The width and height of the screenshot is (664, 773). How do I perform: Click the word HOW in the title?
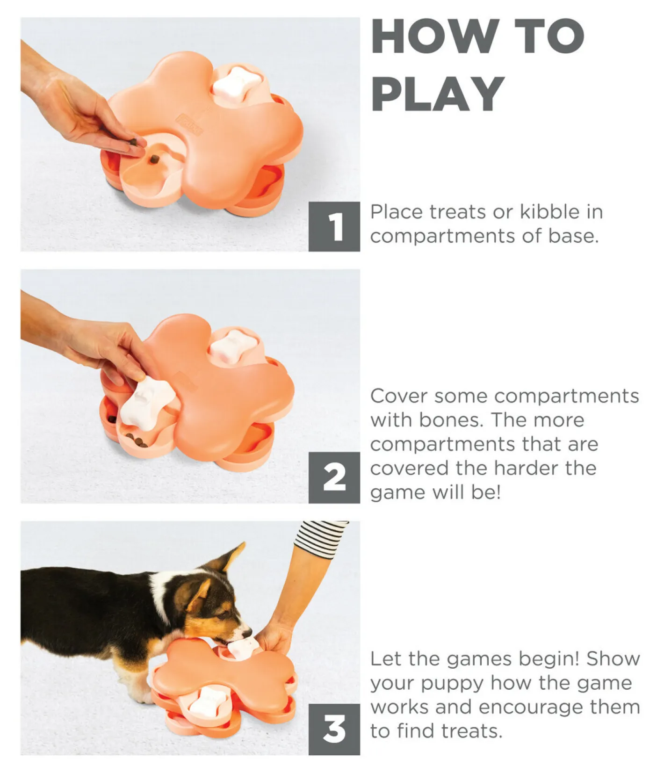point(434,37)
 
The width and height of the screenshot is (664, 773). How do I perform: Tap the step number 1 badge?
point(334,227)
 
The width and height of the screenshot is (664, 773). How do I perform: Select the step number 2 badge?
point(334,478)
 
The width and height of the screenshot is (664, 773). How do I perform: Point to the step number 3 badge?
point(334,729)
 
